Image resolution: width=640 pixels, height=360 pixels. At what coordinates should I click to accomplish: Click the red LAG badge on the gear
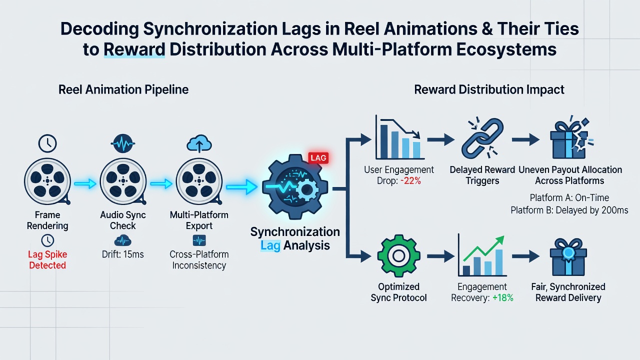tap(318, 157)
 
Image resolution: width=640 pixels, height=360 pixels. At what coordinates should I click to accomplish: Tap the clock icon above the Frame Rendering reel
tap(47, 143)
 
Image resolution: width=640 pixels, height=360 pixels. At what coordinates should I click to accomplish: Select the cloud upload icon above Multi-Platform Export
tap(199, 143)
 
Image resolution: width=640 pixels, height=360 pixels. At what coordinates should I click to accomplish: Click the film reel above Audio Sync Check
tap(123, 181)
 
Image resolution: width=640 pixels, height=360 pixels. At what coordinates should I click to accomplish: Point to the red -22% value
tap(410, 180)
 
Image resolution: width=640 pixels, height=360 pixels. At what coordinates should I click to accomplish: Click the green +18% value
tap(503, 297)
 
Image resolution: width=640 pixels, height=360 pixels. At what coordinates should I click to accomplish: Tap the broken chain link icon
tap(482, 137)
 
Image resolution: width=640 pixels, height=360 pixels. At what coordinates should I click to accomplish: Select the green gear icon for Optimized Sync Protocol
tap(398, 255)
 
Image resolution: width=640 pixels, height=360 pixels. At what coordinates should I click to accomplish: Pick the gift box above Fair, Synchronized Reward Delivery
tap(568, 257)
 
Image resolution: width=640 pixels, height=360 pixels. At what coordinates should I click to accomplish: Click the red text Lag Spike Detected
tap(47, 259)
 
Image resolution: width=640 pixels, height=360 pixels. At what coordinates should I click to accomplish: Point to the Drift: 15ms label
tap(123, 254)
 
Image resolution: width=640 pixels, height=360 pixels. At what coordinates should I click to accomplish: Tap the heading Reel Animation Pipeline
tap(123, 89)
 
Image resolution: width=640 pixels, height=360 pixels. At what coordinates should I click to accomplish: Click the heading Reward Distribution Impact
tap(489, 89)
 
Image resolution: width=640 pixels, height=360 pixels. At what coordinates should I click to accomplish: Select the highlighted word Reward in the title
tap(134, 49)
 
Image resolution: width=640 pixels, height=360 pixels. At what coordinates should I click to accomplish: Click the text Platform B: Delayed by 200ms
tap(569, 210)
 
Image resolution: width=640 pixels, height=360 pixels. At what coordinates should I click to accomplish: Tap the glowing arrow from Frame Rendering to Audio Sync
tap(85, 183)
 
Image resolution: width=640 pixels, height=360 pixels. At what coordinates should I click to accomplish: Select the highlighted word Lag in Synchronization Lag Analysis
tap(270, 245)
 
